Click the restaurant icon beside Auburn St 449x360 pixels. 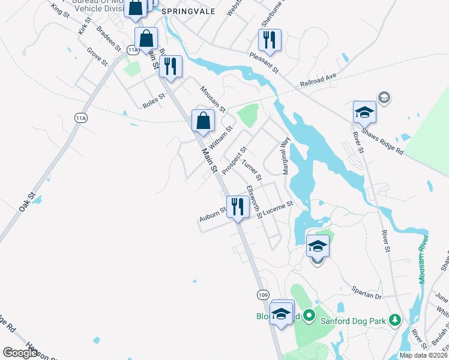pyautogui.click(x=238, y=207)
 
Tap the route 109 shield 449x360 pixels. pyautogui.click(x=263, y=295)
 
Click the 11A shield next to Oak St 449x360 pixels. pyautogui.click(x=81, y=118)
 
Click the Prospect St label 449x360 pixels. pyautogui.click(x=234, y=161)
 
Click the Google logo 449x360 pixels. pyautogui.click(x=20, y=353)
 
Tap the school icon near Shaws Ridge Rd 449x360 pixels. pyautogui.click(x=364, y=112)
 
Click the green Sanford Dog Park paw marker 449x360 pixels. pyautogui.click(x=394, y=319)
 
